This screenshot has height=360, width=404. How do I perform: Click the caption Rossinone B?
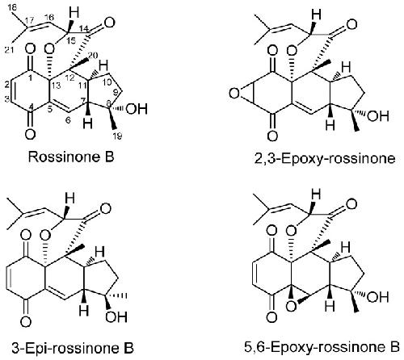point(71,157)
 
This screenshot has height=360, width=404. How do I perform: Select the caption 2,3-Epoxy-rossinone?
point(325,159)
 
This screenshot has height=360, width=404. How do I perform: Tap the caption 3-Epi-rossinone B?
point(73,348)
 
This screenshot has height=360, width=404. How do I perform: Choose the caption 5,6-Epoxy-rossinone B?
point(322,347)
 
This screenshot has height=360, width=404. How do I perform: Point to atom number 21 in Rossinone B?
point(10,50)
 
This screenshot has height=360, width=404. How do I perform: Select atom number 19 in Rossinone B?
point(117,136)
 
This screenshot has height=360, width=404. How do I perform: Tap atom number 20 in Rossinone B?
point(94,55)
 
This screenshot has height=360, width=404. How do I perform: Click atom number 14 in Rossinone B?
point(85,28)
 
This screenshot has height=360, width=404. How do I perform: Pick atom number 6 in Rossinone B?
point(68,120)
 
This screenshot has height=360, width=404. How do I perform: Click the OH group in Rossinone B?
point(137,109)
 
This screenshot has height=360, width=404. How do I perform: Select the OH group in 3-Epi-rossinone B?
point(116,316)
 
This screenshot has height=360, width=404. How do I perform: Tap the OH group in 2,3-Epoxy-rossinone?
point(378,116)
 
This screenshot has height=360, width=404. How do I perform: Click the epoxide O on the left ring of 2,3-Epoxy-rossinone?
point(234,94)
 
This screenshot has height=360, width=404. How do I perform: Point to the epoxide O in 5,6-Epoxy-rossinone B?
point(291,306)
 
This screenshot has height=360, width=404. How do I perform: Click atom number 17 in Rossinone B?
point(30,20)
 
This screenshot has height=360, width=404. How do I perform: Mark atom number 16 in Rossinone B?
point(49,17)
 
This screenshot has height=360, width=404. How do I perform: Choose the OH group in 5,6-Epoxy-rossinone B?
point(378,297)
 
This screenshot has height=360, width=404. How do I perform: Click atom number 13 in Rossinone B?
point(57,86)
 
